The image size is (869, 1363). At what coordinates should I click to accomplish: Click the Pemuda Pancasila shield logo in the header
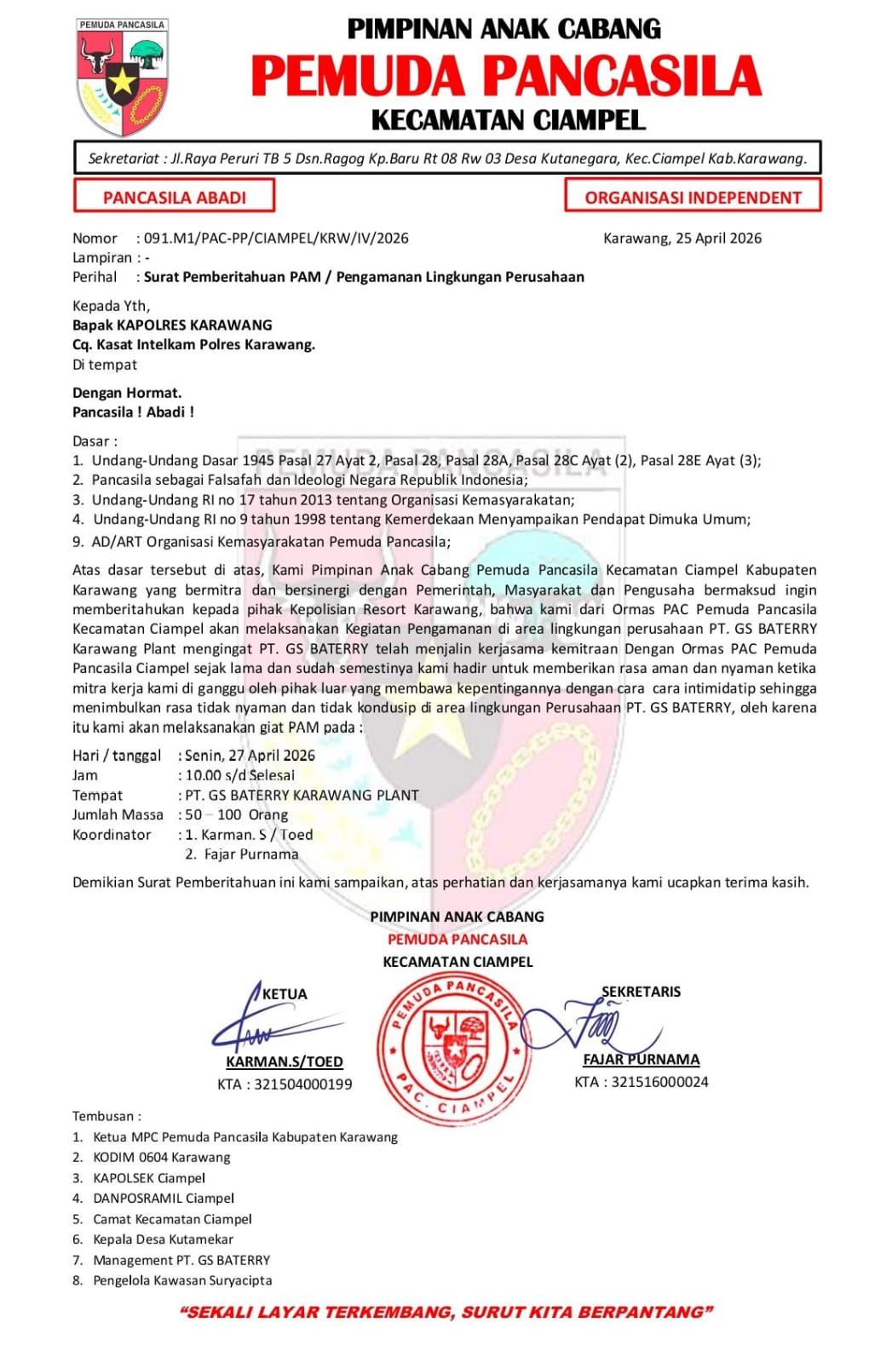pyautogui.click(x=122, y=77)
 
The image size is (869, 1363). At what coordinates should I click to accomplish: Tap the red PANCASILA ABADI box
pyautogui.click(x=175, y=196)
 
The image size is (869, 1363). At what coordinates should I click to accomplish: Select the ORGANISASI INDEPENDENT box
pyautogui.click(x=693, y=196)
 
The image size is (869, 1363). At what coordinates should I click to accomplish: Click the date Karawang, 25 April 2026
pyautogui.click(x=682, y=239)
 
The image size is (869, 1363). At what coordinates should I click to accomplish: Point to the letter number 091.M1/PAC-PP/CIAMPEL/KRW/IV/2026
pyautogui.click(x=276, y=239)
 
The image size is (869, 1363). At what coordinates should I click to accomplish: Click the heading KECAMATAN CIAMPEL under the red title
pyautogui.click(x=508, y=120)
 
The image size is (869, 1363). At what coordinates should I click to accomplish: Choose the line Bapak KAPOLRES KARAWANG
pyautogui.click(x=172, y=325)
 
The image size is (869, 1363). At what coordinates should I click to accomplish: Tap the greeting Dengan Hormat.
pyautogui.click(x=127, y=393)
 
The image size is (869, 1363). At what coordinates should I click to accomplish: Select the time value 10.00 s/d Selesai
pyautogui.click(x=240, y=775)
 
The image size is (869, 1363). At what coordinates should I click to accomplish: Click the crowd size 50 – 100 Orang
pyautogui.click(x=237, y=814)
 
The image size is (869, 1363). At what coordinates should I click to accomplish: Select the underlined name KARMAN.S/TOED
pyautogui.click(x=285, y=1061)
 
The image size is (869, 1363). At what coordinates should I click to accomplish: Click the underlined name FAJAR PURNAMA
pyautogui.click(x=642, y=1059)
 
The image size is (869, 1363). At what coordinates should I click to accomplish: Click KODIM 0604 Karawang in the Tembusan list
pyautogui.click(x=162, y=1157)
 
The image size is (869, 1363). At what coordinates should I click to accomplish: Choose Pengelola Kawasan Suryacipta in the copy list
pyautogui.click(x=182, y=1280)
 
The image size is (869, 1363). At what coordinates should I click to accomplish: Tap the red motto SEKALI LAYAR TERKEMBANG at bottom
pyautogui.click(x=446, y=1312)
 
